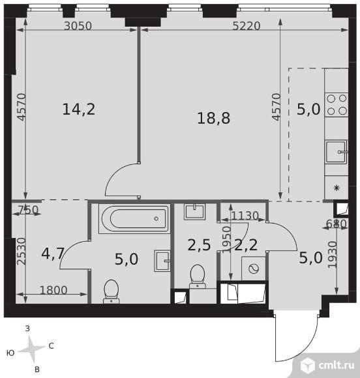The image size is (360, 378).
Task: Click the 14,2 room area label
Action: click(x=79, y=109)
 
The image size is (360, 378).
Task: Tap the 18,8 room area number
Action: click(x=213, y=119)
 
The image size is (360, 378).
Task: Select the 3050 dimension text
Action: click(x=78, y=26)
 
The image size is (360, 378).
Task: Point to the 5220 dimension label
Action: click(x=247, y=26)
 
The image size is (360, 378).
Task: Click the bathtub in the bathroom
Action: click(x=134, y=219)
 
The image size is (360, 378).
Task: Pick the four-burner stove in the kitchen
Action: click(x=337, y=105)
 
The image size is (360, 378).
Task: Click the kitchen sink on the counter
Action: click(x=337, y=152)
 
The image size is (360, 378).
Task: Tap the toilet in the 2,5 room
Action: click(x=198, y=276)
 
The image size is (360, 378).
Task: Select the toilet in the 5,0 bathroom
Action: click(x=112, y=291)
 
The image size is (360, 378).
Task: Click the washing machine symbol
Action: click(x=253, y=269)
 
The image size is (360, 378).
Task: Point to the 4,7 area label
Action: click(x=53, y=254)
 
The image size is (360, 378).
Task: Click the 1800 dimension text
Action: click(x=53, y=290)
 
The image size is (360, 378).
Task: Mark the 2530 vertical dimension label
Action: click(x=22, y=251)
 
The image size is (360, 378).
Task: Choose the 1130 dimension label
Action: click(x=245, y=216)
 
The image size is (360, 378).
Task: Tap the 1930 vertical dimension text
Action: click(x=332, y=254)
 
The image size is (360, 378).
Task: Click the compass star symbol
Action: click(x=31, y=349)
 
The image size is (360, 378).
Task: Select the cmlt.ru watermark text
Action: click(x=337, y=366)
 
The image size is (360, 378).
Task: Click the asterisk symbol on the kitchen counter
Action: click(x=337, y=188)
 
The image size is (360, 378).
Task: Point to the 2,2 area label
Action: click(x=246, y=245)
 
